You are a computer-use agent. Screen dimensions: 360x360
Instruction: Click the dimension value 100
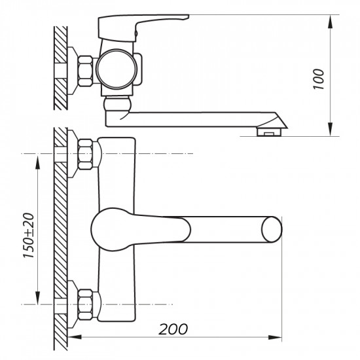[x=319, y=78]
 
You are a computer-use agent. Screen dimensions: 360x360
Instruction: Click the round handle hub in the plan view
[x=106, y=228]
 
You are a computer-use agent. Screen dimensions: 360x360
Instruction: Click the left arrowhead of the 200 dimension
[x=72, y=338]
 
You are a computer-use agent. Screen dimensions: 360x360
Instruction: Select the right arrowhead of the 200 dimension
[x=278, y=338]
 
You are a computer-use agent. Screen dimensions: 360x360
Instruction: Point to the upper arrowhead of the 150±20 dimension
[x=38, y=157]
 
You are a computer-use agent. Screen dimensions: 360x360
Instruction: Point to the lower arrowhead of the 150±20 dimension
[x=38, y=300]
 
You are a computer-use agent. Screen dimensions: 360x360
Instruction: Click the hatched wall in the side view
[x=60, y=65]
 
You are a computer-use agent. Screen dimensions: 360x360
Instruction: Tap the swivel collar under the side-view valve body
[x=118, y=104]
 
